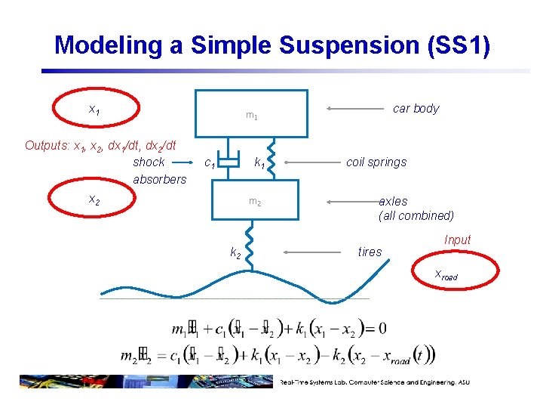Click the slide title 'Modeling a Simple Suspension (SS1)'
tap(272, 45)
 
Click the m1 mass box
tap(252, 113)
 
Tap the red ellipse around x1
tap(95, 110)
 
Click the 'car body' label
tap(416, 109)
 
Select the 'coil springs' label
tap(376, 162)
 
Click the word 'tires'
tap(370, 252)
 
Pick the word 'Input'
tap(457, 240)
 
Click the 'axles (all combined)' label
tap(416, 209)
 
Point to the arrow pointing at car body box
tap(355, 109)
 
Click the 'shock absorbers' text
tap(159, 171)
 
